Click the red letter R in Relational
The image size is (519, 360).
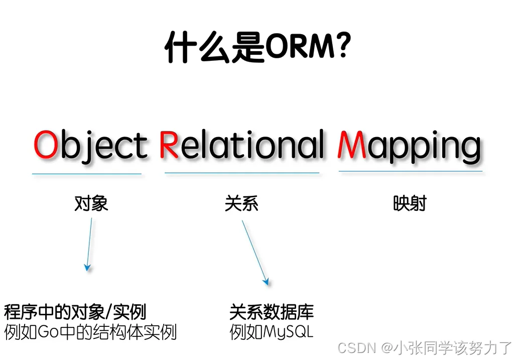click(x=169, y=145)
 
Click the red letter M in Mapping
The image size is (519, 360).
click(x=352, y=145)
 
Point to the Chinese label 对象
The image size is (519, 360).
click(x=91, y=203)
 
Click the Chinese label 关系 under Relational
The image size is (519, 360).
click(x=241, y=203)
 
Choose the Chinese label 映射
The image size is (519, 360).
click(x=410, y=203)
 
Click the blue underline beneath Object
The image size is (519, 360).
click(x=87, y=174)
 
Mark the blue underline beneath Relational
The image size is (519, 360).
click(x=242, y=173)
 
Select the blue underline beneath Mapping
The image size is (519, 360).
click(x=411, y=172)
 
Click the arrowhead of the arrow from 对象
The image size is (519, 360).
click(x=87, y=268)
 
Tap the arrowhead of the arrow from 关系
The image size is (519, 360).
click(x=266, y=282)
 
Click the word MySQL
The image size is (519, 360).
click(x=288, y=332)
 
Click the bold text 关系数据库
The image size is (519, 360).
click(x=272, y=312)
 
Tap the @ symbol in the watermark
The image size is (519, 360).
click(x=387, y=348)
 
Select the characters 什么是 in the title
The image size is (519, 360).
click(x=215, y=47)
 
